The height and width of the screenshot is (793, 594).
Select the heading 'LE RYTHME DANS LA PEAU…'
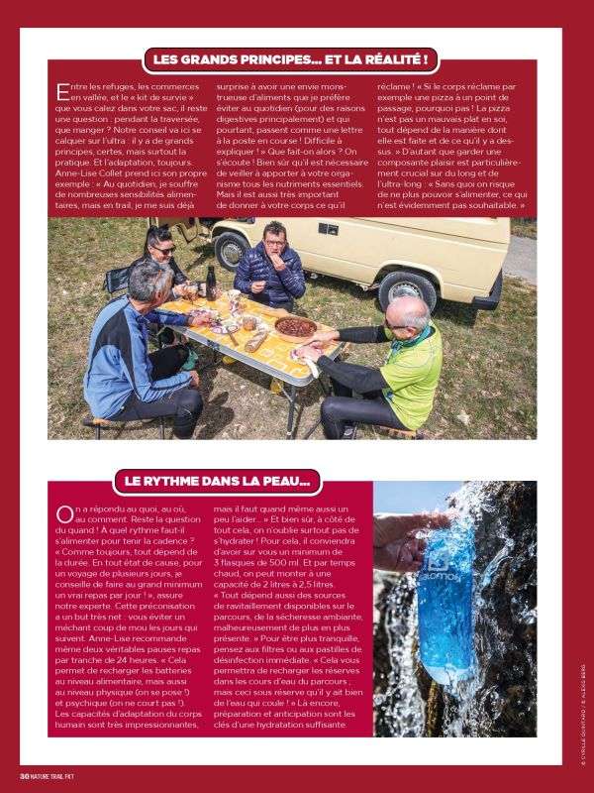217,483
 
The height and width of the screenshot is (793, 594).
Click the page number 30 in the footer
24,774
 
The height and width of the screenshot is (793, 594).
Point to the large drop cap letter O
64,512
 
